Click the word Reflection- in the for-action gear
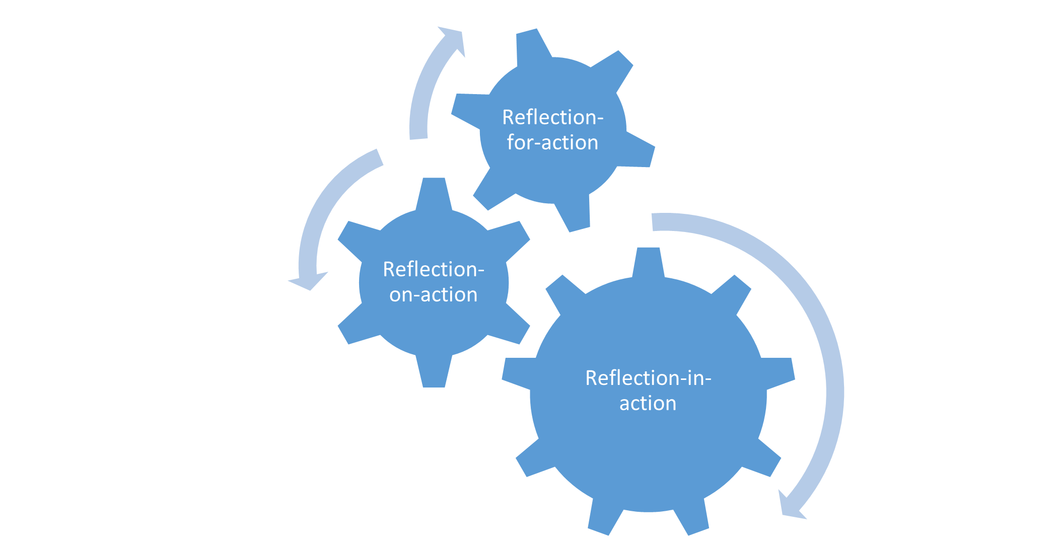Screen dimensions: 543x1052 (552, 117)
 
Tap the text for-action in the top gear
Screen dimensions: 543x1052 (552, 143)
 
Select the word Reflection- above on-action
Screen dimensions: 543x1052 (433, 269)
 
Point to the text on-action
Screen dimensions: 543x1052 (433, 295)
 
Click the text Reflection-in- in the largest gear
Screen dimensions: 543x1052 (648, 378)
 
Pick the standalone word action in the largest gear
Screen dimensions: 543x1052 (648, 404)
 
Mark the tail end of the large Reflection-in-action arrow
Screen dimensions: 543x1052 (653, 222)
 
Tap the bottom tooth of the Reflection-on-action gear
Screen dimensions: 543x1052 (434, 375)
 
